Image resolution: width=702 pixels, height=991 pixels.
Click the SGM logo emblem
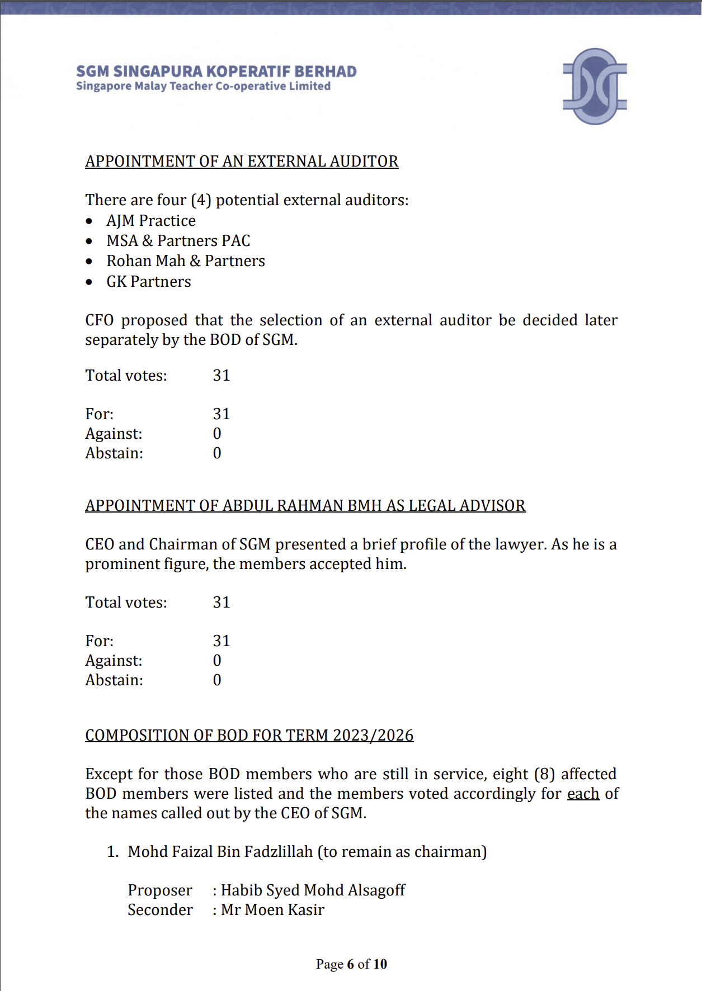[x=595, y=86]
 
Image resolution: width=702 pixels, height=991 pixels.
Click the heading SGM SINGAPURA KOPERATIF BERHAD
[x=216, y=72]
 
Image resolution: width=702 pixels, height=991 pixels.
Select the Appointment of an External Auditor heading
[x=242, y=162]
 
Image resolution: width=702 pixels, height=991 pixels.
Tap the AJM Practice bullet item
[x=151, y=221]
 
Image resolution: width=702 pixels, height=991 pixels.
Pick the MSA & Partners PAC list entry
[x=178, y=241]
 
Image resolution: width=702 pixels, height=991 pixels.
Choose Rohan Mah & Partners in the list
[x=186, y=261]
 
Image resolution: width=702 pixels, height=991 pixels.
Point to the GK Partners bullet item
[x=149, y=282]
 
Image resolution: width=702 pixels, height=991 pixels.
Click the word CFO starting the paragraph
[x=99, y=320]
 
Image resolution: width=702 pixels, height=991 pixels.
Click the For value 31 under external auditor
[x=221, y=414]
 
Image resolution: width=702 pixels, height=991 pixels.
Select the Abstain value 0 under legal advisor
[x=217, y=680]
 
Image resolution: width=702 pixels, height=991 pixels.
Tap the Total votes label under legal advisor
[x=126, y=603]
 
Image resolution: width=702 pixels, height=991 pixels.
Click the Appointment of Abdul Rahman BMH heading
[x=305, y=506]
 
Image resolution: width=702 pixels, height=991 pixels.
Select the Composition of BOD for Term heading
[x=249, y=736]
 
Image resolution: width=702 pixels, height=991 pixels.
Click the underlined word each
[x=583, y=794]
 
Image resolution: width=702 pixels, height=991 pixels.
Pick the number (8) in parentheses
[x=544, y=774]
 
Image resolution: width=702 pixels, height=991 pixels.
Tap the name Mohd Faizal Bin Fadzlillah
[x=220, y=852]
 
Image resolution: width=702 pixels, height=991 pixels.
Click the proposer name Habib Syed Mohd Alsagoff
[x=313, y=890]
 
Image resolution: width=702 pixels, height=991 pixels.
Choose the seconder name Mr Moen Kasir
[x=272, y=910]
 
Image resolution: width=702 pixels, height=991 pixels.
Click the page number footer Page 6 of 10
[x=351, y=964]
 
